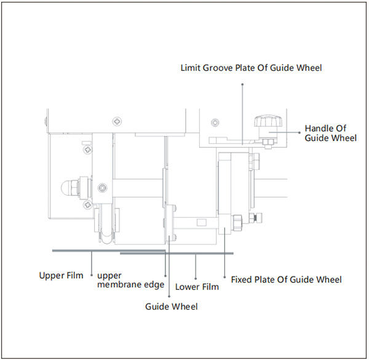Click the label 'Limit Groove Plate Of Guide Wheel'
pos(251,67)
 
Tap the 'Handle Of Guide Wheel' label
pos(330,133)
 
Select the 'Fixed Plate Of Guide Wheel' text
pos(286,279)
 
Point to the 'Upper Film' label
pos(61,275)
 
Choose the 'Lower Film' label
pos(197,287)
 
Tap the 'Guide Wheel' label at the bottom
pos(172,306)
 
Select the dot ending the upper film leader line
pos(92,275)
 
